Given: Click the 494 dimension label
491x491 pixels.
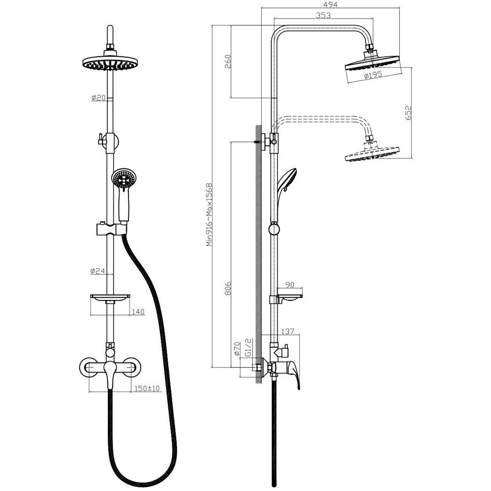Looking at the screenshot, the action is tap(330, 4).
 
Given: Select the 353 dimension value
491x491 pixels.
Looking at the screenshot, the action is tap(323, 15).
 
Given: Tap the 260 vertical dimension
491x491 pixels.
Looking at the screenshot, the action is tap(228, 62).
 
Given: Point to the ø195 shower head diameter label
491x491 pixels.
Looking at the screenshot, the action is tap(373, 75).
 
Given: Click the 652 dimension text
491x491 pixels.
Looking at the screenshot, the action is tap(408, 113).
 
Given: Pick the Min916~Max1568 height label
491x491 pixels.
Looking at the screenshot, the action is tap(209, 214).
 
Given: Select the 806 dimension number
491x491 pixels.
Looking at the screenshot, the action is tap(228, 288).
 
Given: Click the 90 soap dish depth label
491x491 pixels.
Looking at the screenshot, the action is tap(290, 285).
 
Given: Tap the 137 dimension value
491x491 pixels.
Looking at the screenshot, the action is tap(288, 331).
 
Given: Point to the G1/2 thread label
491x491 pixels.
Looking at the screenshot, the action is tap(248, 347).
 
